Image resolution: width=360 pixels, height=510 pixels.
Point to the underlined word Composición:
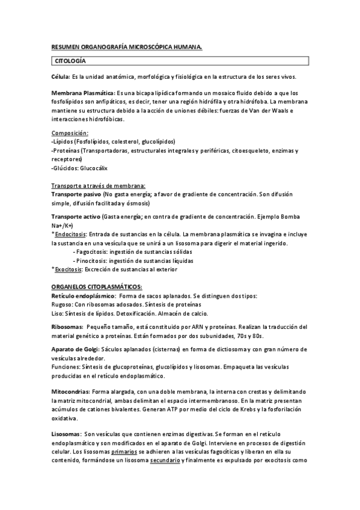70,132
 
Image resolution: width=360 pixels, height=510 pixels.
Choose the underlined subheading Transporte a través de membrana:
98,186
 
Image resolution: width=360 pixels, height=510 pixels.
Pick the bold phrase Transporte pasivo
76,195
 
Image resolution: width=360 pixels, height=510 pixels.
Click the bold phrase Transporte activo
76,217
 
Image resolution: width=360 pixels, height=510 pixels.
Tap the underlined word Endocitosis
71,234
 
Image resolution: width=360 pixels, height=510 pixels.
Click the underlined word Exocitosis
70,270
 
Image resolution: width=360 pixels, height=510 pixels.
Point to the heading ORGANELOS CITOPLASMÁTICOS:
96,288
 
